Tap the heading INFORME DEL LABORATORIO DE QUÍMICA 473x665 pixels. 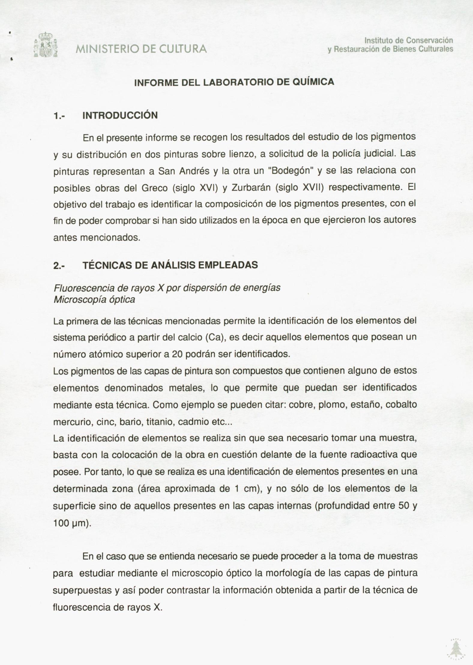234,82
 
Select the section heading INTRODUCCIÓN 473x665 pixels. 120,115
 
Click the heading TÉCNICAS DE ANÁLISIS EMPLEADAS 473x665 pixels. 170,265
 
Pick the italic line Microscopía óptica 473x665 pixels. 94,300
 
